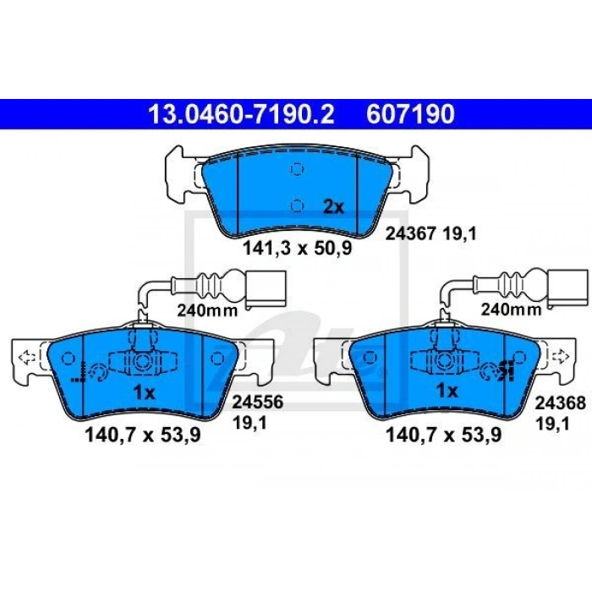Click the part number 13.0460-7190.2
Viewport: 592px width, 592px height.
[x=241, y=114]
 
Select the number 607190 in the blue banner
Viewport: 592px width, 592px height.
[x=410, y=114]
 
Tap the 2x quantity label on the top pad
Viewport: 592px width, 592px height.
[x=334, y=207]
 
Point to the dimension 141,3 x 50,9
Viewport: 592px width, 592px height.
[x=297, y=248]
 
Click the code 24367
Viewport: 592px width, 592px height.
[x=410, y=234]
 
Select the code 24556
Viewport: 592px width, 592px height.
[x=257, y=402]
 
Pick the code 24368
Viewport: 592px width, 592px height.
[x=560, y=403]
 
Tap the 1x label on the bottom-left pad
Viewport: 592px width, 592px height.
[x=145, y=393]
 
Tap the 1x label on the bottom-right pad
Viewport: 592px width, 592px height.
[x=447, y=391]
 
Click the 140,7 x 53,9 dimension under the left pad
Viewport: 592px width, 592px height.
[x=143, y=435]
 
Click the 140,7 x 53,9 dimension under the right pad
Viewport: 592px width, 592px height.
[x=444, y=435]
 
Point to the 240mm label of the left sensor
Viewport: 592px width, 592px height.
[x=207, y=310]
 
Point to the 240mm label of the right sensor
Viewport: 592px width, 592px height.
[x=511, y=310]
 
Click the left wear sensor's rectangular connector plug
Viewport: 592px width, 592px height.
[x=266, y=288]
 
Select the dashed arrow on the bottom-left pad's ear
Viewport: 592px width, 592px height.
[x=27, y=357]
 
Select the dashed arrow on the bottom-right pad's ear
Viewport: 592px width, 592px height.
[x=560, y=356]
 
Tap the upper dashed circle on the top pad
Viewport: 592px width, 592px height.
[x=297, y=169]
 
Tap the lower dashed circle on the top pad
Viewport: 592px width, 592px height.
[x=297, y=205]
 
